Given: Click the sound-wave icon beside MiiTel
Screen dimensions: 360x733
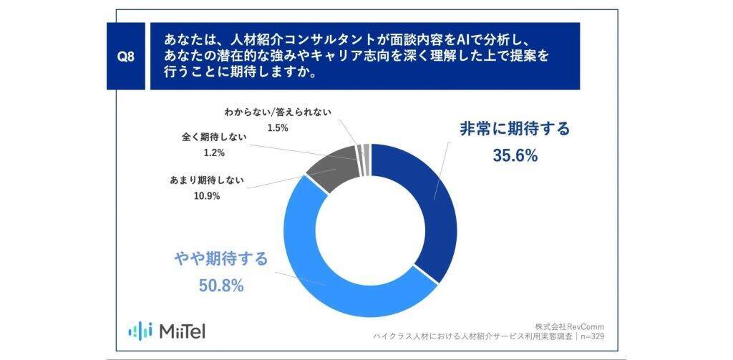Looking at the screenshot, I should pos(140,330).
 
